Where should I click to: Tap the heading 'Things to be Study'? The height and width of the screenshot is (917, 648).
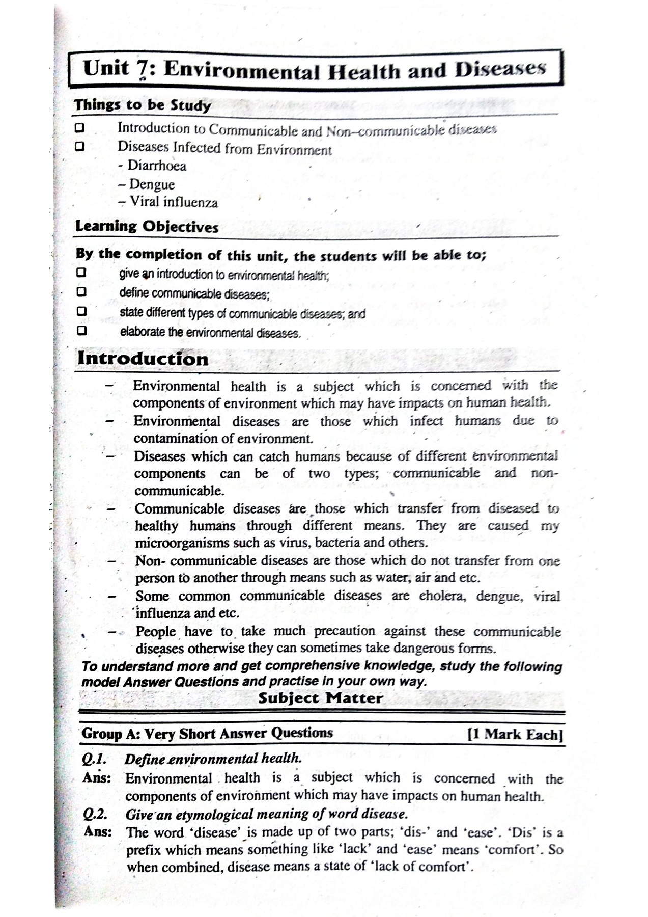tap(143, 105)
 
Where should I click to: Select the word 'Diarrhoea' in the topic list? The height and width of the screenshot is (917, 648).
tap(157, 166)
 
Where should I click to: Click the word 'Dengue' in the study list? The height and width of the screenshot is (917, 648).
tap(152, 184)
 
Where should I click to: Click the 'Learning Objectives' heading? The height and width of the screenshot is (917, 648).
tap(147, 227)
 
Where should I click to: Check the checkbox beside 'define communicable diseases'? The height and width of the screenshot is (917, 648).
tap(81, 292)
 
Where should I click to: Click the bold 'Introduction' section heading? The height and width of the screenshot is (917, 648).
tap(143, 359)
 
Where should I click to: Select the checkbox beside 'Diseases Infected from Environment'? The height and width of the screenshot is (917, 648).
tap(79, 147)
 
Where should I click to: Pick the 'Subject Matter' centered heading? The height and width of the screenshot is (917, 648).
tap(320, 697)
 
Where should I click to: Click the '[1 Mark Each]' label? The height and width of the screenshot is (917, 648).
tap(515, 734)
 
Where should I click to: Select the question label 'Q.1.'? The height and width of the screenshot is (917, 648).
tap(94, 759)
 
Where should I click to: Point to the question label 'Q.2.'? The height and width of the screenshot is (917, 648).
tap(95, 814)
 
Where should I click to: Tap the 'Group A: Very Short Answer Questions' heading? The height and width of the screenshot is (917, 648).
tap(207, 734)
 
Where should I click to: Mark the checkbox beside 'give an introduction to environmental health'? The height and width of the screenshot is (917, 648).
tap(80, 273)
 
